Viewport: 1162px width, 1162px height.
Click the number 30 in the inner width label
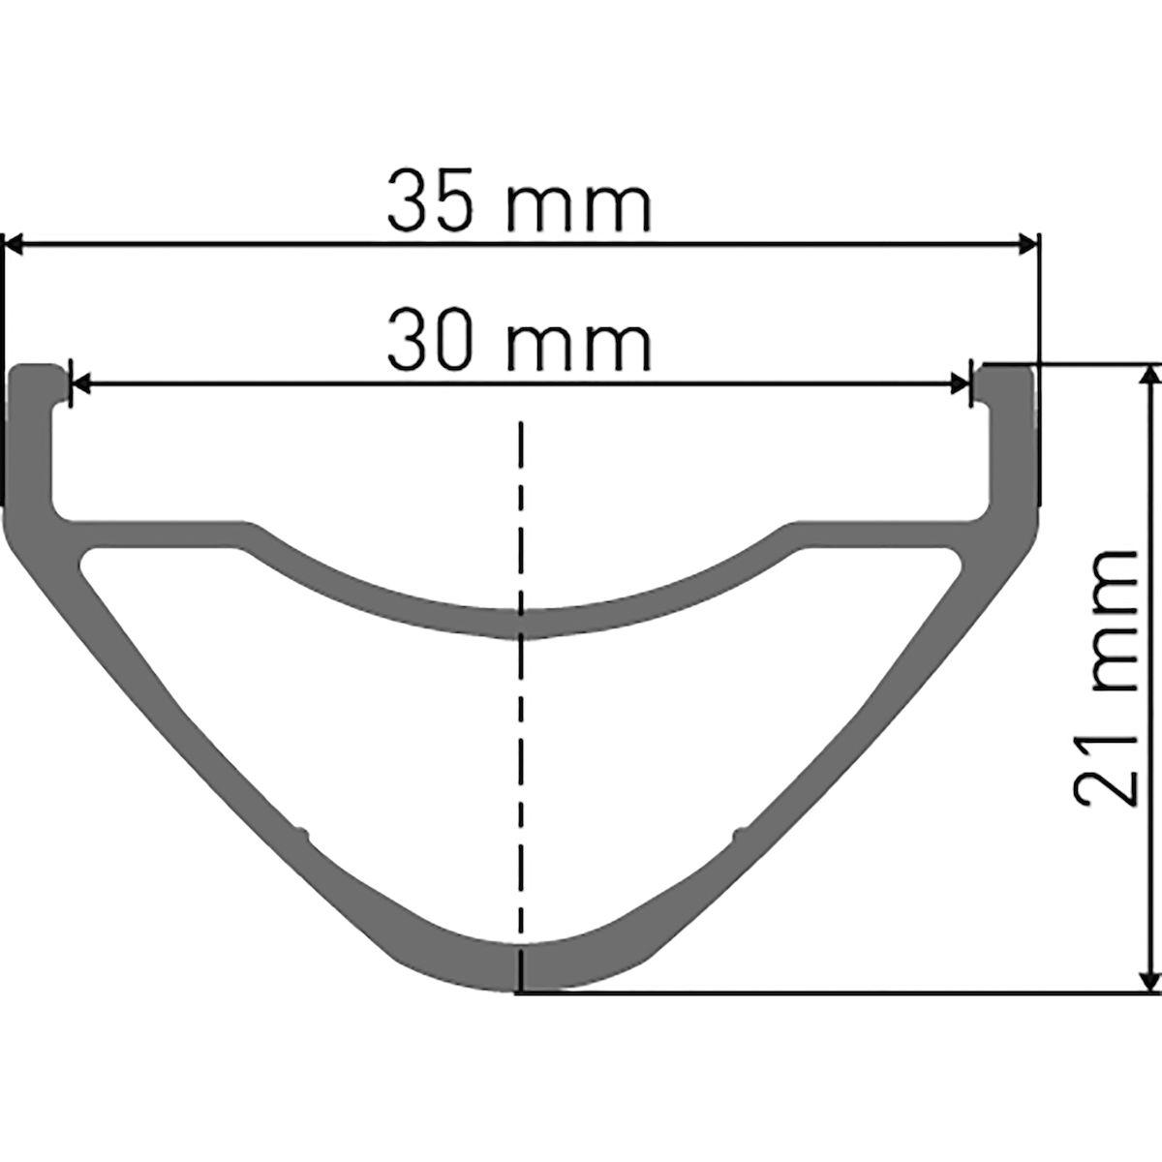(429, 340)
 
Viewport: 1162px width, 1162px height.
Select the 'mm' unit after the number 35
(579, 209)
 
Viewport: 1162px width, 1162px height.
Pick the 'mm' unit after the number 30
(579, 348)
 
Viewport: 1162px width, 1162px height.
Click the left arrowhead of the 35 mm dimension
(14, 245)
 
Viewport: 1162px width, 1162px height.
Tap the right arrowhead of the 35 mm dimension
(1027, 245)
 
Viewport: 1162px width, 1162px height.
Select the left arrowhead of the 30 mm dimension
(80, 382)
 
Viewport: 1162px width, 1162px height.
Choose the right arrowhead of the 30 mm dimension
(961, 382)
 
